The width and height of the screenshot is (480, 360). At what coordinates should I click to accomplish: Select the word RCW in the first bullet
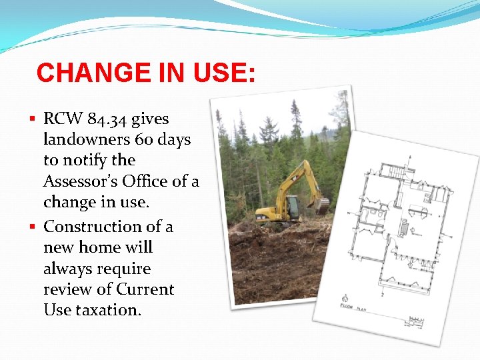pyautogui.click(x=62, y=119)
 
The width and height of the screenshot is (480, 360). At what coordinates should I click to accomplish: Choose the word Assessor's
pyautogui.click(x=84, y=181)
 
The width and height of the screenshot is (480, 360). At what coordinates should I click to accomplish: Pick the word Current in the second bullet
pyautogui.click(x=145, y=289)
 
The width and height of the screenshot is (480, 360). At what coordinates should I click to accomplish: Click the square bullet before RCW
pyautogui.click(x=35, y=120)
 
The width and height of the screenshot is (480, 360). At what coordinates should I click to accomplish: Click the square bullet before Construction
pyautogui.click(x=35, y=227)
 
